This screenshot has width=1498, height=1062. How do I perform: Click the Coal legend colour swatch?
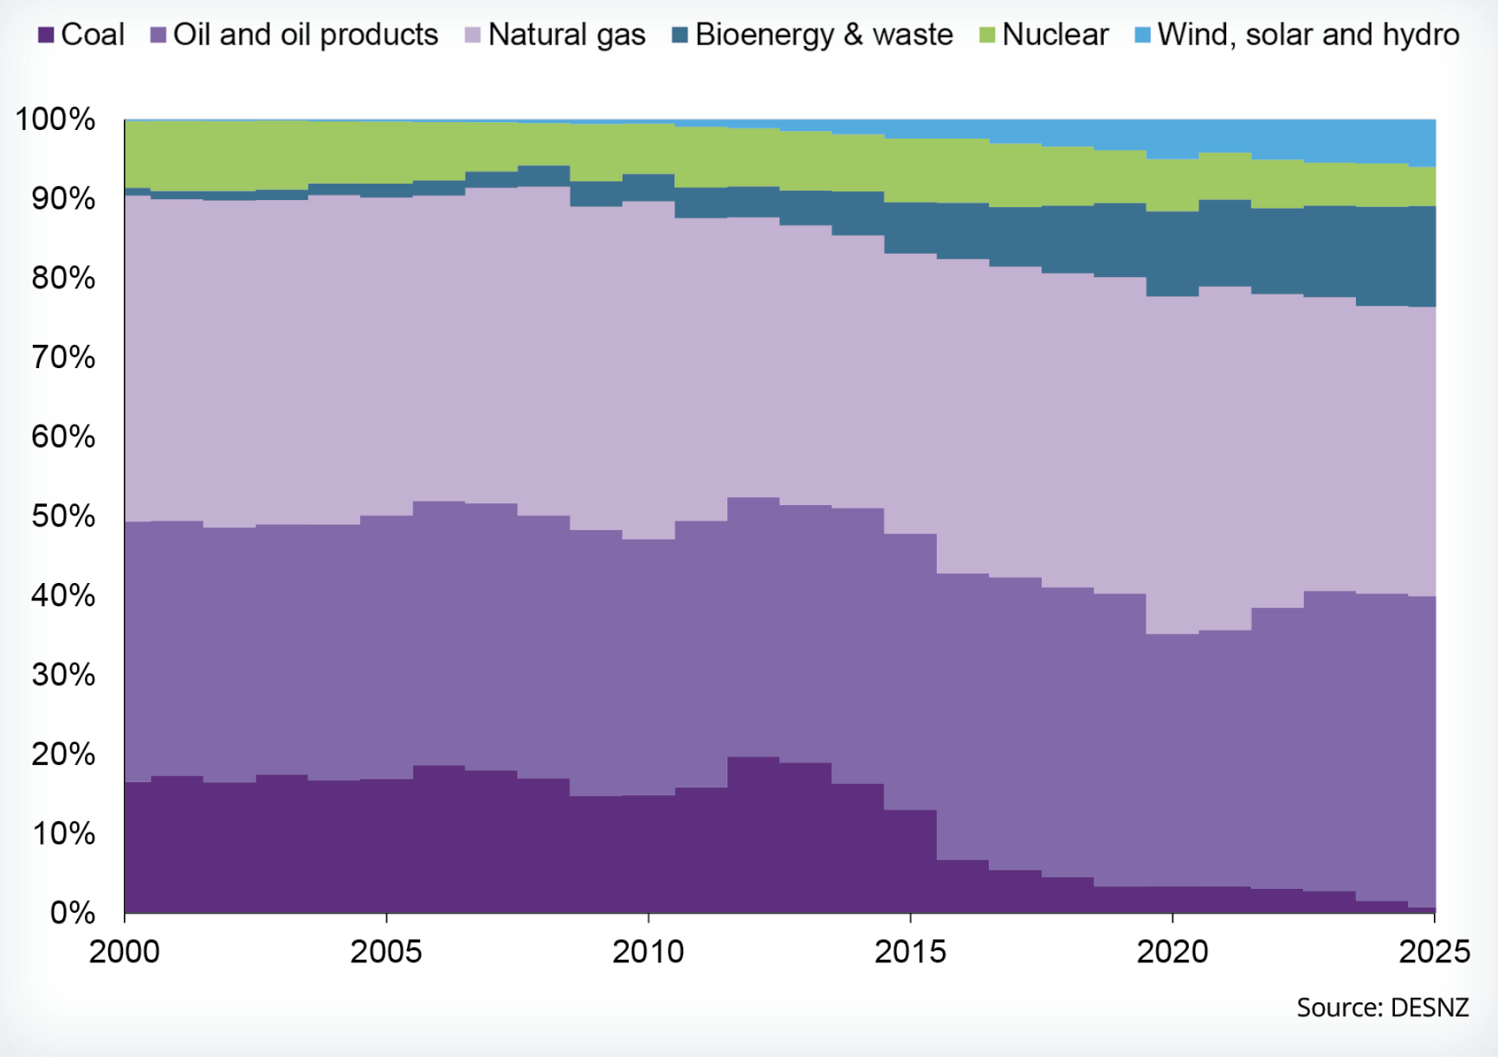click(x=47, y=36)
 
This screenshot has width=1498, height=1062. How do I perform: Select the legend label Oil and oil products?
click(x=306, y=36)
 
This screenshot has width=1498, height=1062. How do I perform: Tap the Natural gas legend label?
click(x=566, y=36)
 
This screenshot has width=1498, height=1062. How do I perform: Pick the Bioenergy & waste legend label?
click(x=823, y=36)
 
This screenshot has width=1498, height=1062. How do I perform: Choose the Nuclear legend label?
click(x=1055, y=36)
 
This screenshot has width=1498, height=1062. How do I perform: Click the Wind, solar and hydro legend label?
click(x=1308, y=36)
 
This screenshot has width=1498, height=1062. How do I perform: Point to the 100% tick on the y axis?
click(x=55, y=120)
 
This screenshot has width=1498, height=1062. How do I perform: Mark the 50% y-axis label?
click(x=63, y=516)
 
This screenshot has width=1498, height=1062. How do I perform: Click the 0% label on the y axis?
click(x=72, y=913)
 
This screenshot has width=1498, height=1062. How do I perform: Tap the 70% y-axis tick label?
click(x=63, y=358)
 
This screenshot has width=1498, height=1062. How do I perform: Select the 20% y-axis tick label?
click(x=63, y=754)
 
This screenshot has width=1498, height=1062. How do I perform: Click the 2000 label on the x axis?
click(x=125, y=952)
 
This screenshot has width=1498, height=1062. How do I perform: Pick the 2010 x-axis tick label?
click(x=649, y=952)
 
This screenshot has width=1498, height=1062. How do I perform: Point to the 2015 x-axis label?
click(x=910, y=952)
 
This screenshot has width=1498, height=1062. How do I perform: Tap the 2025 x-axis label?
click(x=1434, y=952)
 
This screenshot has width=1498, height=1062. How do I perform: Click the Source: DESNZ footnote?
click(x=1382, y=1007)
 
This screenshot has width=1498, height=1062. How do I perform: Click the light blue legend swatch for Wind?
click(x=1143, y=36)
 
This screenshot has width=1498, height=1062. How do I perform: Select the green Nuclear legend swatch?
click(x=987, y=36)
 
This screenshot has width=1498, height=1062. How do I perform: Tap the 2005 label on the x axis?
click(x=386, y=952)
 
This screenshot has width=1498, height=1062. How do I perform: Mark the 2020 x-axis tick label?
click(x=1172, y=952)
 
